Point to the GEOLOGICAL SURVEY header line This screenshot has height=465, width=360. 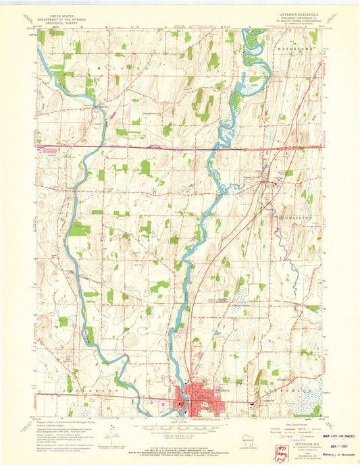[58, 25]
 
